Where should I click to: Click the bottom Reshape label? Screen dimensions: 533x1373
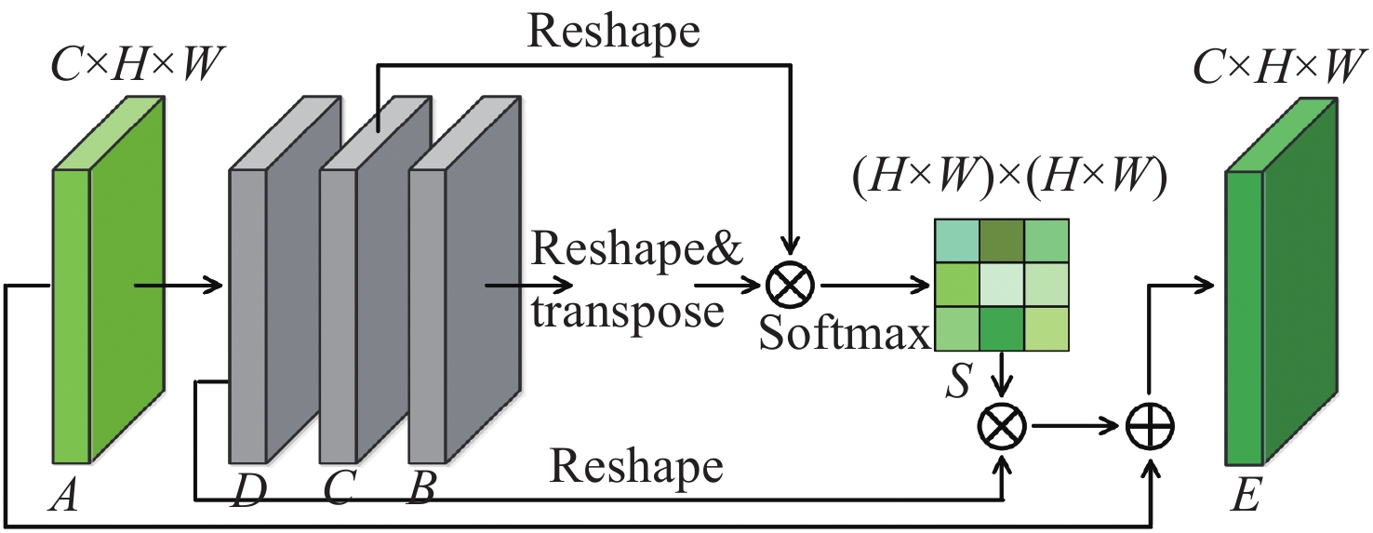[636, 465]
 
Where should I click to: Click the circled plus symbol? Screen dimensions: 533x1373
[1150, 427]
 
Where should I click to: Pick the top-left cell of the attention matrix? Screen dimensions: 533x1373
[958, 242]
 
